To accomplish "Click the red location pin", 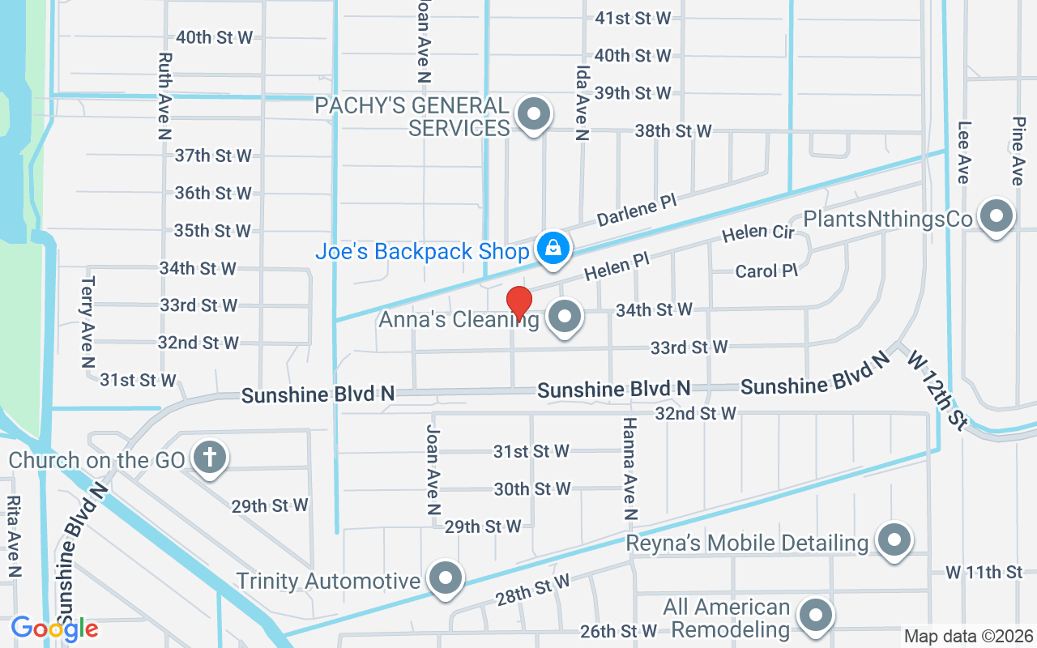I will tap(518, 302).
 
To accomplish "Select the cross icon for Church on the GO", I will tap(210, 458).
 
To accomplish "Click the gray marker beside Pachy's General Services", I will tap(534, 114).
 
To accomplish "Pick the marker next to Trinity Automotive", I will tap(445, 578).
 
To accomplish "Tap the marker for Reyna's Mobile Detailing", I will tap(894, 539).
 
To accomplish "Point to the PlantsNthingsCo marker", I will tap(996, 217).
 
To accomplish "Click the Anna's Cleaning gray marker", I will tap(565, 317).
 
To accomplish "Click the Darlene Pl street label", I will tap(636, 209).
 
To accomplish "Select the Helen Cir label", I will tap(758, 232).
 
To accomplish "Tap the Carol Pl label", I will tap(766, 271).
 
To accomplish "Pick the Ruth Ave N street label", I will tap(165, 96).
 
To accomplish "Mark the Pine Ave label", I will tap(1018, 150).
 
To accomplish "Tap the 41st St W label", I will tap(633, 18).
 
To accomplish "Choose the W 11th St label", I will tap(984, 573).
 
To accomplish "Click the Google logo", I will tap(54, 628).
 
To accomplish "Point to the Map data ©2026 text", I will tap(968, 636).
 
